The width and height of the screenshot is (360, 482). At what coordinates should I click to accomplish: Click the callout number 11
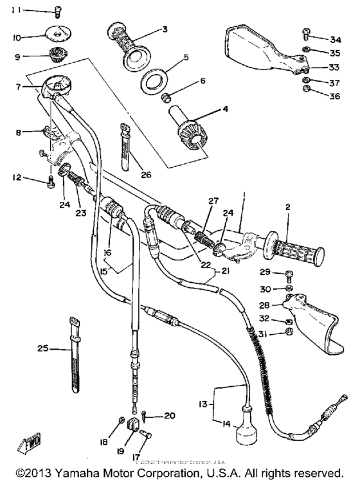[15, 10]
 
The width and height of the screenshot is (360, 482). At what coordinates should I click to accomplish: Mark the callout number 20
[168, 416]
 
